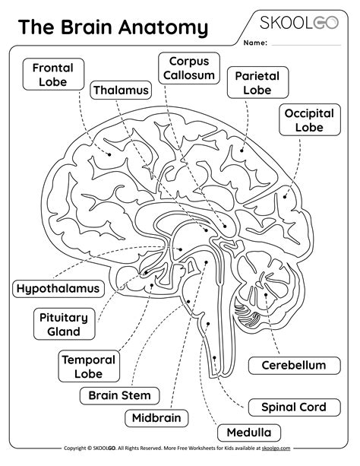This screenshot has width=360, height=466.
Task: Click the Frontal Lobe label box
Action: click(52, 75)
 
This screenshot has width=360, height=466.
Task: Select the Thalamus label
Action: click(120, 91)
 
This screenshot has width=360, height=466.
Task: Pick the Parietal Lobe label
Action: click(257, 83)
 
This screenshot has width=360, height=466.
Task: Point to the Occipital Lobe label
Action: click(309, 120)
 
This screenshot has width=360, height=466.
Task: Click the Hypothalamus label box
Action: click(58, 289)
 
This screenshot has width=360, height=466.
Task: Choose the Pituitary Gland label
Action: click(64, 325)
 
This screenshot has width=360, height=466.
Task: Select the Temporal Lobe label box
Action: click(88, 366)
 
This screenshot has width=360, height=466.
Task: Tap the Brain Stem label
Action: click(119, 395)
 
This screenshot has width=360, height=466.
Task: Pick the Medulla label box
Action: click(245, 434)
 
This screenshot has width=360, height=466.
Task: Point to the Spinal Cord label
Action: click(293, 407)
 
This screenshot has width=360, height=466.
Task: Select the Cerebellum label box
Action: click(293, 366)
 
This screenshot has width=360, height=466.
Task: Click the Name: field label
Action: click(254, 43)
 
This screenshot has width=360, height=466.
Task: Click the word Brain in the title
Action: click(90, 28)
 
